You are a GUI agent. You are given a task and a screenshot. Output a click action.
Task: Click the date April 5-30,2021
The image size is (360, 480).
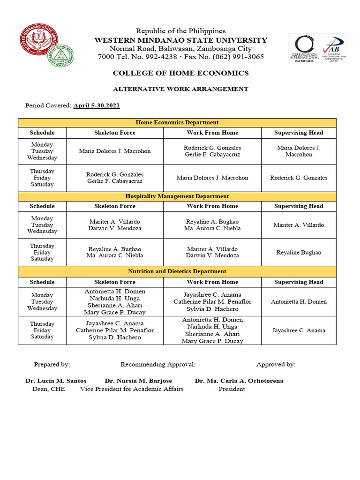click(97, 105)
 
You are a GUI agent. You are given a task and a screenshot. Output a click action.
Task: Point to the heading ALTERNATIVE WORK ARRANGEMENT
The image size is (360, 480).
click(180, 89)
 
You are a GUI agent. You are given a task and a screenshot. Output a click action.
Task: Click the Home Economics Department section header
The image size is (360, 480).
click(177, 122)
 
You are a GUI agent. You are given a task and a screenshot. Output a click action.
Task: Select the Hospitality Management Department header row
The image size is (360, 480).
click(177, 196)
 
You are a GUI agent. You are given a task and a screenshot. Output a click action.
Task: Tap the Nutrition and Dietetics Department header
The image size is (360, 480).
click(177, 271)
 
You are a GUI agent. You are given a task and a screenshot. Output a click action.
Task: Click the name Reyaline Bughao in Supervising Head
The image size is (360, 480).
click(299, 253)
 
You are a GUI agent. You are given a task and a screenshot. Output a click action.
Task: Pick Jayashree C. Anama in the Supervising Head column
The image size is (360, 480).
click(299, 330)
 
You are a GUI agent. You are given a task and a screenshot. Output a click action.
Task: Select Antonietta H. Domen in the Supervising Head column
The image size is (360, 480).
click(299, 302)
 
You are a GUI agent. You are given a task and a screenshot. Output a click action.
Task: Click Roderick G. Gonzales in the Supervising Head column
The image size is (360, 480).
click(299, 178)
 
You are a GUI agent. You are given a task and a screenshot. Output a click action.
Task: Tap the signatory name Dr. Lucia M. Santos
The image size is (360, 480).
click(56, 381)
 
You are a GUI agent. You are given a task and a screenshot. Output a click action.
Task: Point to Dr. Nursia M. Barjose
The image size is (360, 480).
click(138, 381)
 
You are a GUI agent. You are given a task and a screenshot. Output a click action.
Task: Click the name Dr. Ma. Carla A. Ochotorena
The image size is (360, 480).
click(239, 381)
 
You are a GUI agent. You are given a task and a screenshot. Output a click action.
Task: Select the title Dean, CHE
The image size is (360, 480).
click(49, 389)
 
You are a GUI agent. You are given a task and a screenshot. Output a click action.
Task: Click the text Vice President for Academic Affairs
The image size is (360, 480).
click(132, 389)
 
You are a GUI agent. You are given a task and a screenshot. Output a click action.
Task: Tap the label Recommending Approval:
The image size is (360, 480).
click(158, 364)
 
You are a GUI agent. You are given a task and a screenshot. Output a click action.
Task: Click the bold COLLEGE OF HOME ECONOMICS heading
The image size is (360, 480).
click(180, 74)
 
